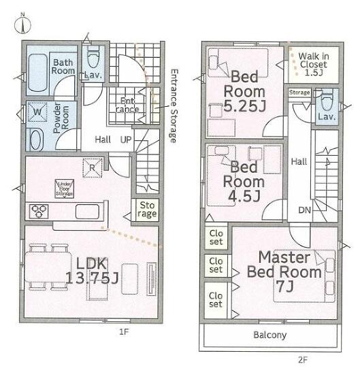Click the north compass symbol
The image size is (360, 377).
tap(22, 24)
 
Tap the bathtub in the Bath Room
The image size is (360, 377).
tap(38, 73)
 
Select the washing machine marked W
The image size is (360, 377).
tap(37, 112)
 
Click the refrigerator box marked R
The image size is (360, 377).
tap(93, 168)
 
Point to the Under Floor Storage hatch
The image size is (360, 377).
tap(64, 188)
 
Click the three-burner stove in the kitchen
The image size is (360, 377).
tap(39, 212)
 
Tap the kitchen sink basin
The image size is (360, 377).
tap(87, 212)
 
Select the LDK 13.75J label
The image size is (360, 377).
tap(92, 271)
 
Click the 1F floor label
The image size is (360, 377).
tap(124, 332)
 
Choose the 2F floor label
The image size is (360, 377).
tap(303, 360)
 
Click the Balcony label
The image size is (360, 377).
tap(270, 335)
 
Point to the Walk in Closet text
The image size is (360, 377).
tap(314, 64)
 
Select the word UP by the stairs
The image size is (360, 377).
tap(126, 140)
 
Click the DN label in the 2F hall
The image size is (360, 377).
tap(304, 210)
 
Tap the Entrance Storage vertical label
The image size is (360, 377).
tap(174, 105)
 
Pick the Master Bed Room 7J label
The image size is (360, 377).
tap(284, 272)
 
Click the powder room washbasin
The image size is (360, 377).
tap(37, 140)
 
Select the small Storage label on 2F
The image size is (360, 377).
tap(299, 93)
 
